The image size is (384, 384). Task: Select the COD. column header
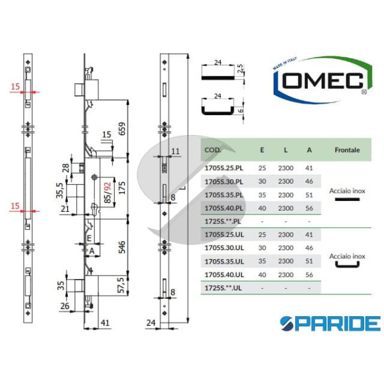[212, 151]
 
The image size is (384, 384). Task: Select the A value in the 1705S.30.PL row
[309, 181]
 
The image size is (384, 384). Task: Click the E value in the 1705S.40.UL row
[262, 275]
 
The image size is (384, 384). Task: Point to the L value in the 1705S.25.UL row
[285, 235]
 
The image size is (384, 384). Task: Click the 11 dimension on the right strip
[176, 151]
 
